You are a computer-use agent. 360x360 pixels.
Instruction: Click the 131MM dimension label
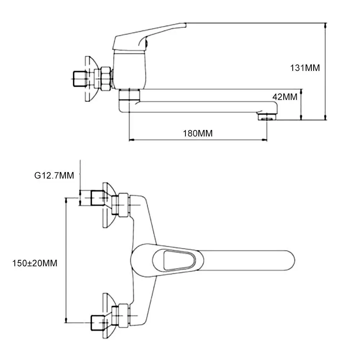(305, 68)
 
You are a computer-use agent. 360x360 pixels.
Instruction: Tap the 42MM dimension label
(285, 97)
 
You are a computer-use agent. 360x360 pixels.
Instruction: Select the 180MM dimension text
(198, 134)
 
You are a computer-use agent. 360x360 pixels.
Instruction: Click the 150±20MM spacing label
(35, 263)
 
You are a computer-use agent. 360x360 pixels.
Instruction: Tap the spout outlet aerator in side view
(267, 116)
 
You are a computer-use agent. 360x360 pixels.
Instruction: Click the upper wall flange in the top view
(108, 205)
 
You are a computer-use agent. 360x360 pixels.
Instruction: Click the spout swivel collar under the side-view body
(129, 95)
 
